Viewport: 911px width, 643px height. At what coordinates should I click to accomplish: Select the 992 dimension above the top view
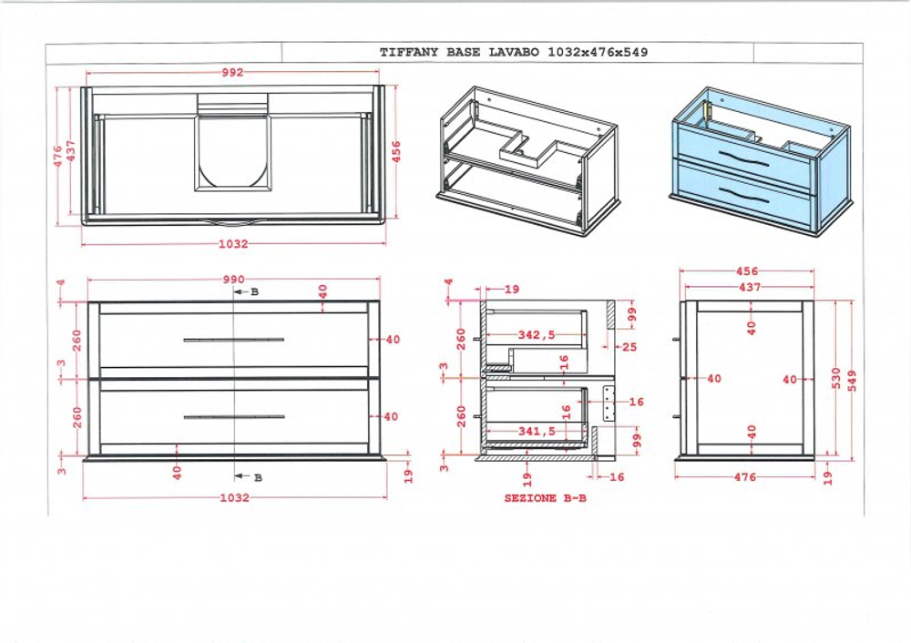point(233,73)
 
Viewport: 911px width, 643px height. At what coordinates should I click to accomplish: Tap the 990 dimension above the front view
point(233,280)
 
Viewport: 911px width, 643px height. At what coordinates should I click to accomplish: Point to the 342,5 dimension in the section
point(537,335)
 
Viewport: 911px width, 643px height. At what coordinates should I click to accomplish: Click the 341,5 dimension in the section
point(537,431)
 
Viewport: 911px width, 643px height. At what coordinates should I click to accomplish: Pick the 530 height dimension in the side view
point(835,379)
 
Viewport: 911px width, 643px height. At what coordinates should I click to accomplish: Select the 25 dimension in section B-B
point(630,347)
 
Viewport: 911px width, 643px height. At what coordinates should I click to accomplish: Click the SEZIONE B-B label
point(546,498)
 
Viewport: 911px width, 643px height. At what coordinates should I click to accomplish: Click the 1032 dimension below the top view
point(233,244)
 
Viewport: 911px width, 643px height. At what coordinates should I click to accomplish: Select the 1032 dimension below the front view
point(234,497)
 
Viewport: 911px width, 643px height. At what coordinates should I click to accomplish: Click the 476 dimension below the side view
point(744,476)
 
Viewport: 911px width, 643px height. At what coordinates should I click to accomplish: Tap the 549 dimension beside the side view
point(852,379)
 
